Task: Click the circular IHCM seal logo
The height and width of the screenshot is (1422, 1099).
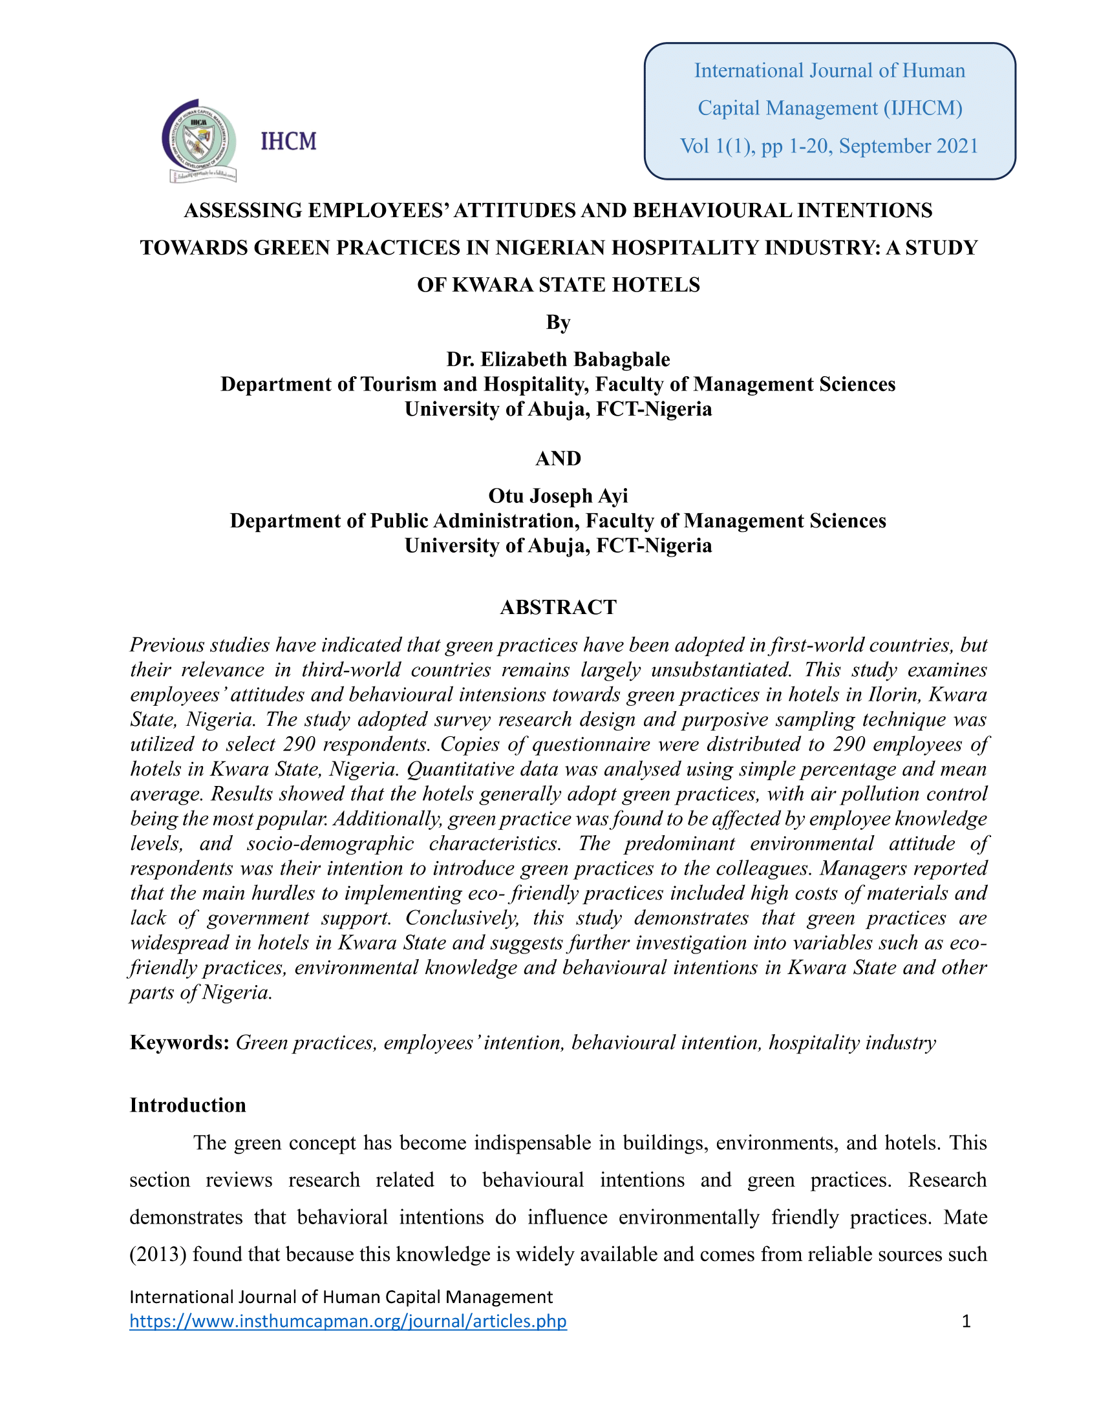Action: [198, 140]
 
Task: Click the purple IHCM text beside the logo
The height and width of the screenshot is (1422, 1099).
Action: [288, 141]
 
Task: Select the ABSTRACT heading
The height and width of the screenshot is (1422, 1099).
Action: [558, 607]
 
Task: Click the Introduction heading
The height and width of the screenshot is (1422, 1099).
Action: [187, 1105]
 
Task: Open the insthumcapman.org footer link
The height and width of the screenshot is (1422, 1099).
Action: [348, 1321]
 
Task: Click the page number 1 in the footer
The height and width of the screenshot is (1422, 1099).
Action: [966, 1321]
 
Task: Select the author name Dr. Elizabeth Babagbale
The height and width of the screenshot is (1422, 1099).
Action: [558, 359]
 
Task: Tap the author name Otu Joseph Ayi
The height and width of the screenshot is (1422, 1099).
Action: [558, 496]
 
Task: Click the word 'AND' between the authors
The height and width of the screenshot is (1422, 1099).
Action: [558, 458]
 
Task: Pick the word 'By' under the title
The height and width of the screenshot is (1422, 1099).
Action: [558, 323]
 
